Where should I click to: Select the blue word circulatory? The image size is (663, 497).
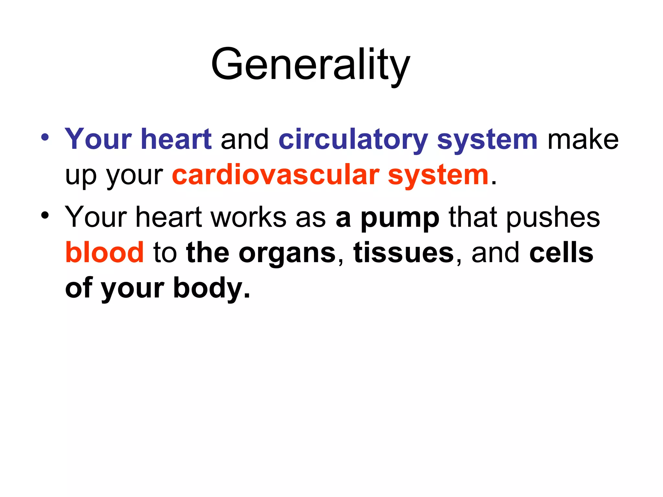pyautogui.click(x=353, y=140)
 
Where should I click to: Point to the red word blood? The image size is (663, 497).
pyautogui.click(x=104, y=252)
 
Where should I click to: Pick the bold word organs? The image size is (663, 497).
pyautogui.click(x=287, y=253)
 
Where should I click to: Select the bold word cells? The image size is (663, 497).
pyautogui.click(x=561, y=252)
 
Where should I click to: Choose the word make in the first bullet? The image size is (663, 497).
pyautogui.click(x=583, y=140)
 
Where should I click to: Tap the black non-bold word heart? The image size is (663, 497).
pyautogui.click(x=169, y=217)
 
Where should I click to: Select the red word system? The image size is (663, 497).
pyautogui.click(x=438, y=176)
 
